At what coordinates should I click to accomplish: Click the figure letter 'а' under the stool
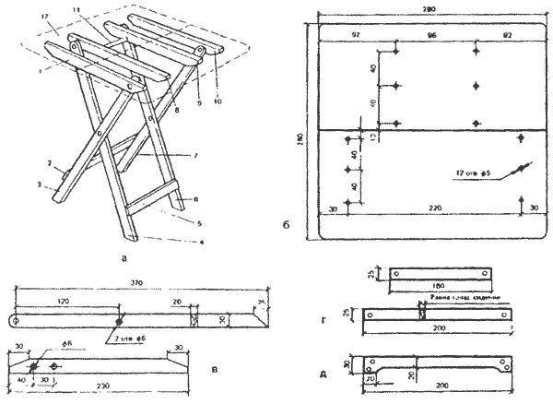[x=123, y=259]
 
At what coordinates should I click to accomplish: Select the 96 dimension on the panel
[x=432, y=33]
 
